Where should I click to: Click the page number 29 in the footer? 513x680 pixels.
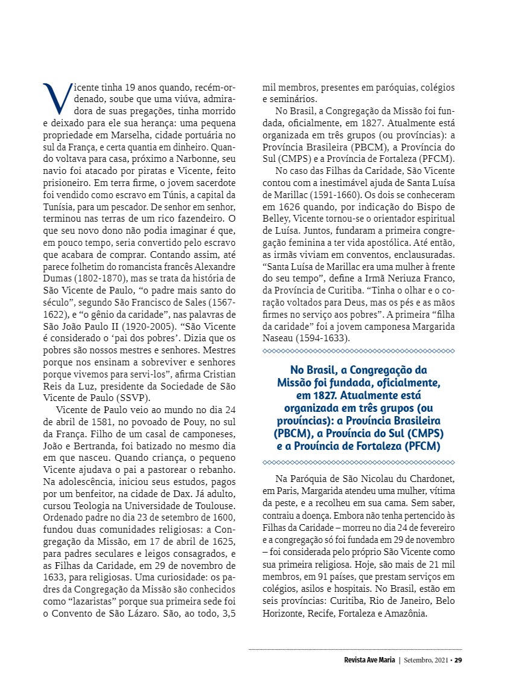point(458,659)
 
